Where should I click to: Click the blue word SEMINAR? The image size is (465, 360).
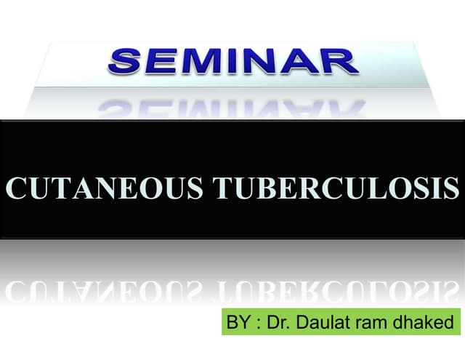[233, 63]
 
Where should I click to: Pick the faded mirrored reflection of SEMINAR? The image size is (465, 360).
[231, 108]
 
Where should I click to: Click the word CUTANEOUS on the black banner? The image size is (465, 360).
[105, 188]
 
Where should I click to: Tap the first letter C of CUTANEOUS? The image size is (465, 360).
[16, 188]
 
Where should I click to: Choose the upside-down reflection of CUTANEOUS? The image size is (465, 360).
[105, 292]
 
